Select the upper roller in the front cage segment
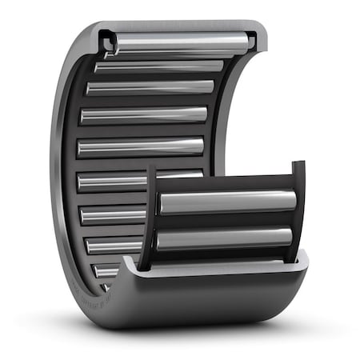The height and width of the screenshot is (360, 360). [x=227, y=202]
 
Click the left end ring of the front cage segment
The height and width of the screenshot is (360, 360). [x=148, y=216]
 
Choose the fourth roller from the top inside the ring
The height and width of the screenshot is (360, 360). [x=144, y=115]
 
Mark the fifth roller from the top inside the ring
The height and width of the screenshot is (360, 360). [x=141, y=147]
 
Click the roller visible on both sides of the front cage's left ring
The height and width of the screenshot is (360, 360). [x=112, y=182]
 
